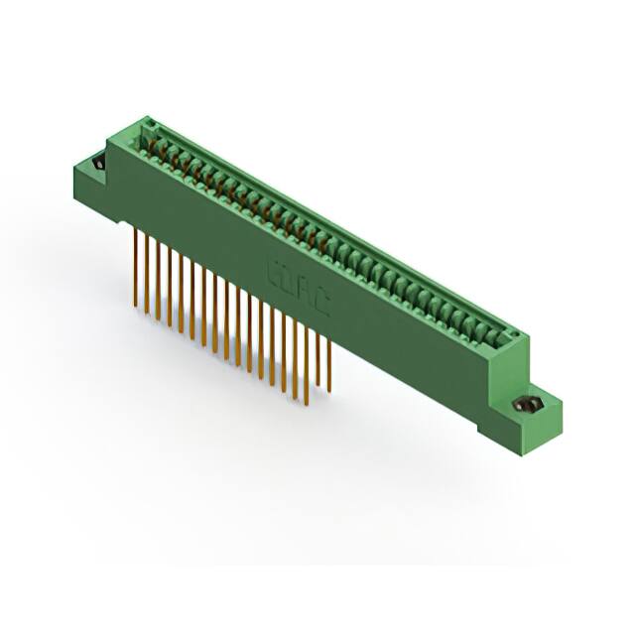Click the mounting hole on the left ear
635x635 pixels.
click(x=98, y=163)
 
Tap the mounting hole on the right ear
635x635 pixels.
click(x=530, y=404)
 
